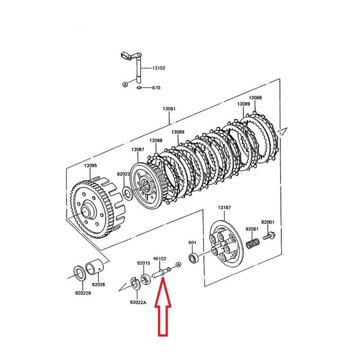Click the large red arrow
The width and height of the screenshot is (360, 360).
163,311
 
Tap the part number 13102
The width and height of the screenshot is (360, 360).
158,68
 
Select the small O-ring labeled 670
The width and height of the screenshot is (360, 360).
139,88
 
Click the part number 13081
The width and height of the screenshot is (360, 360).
169,109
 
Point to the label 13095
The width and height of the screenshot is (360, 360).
90,165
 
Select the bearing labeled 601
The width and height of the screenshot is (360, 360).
194,258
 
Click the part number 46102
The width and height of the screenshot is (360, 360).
160,258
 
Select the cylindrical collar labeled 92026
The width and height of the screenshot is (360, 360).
94,269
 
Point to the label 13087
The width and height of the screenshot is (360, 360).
138,149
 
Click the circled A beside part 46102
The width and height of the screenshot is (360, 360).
178,265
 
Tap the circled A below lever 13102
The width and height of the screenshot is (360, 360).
125,85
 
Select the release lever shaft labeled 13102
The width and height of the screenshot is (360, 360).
138,67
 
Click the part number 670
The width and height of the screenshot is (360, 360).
156,88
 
